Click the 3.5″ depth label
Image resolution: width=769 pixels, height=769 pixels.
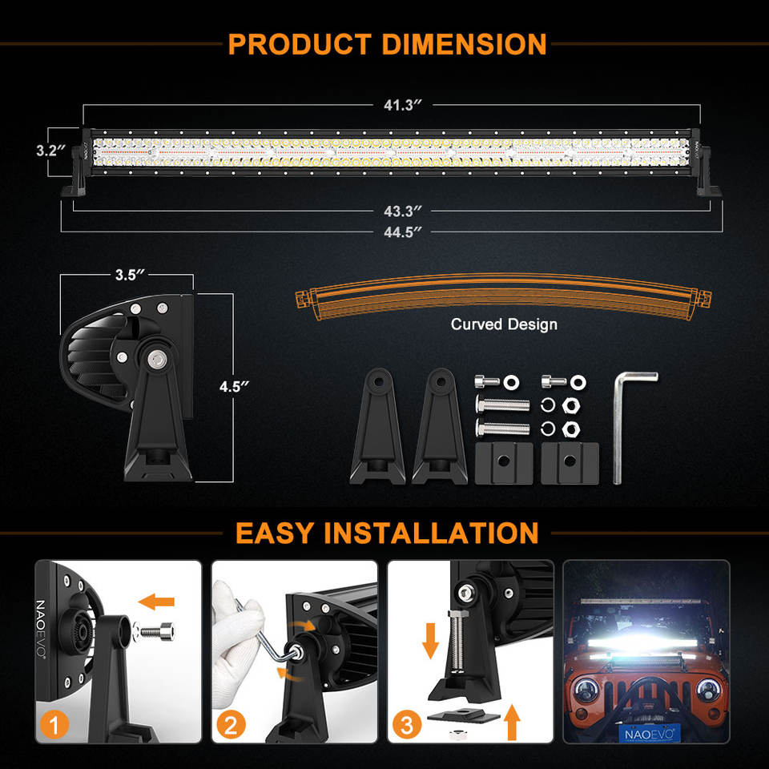(x=128, y=275)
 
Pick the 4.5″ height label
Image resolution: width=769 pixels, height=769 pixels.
(x=234, y=387)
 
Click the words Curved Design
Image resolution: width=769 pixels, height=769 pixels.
(x=504, y=324)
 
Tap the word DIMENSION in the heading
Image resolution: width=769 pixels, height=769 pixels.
(x=464, y=43)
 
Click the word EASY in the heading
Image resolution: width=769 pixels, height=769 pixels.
(x=276, y=533)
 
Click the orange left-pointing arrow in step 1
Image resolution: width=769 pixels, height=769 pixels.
(x=156, y=601)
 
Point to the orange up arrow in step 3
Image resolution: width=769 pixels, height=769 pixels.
(x=513, y=720)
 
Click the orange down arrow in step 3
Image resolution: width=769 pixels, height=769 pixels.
(x=430, y=640)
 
